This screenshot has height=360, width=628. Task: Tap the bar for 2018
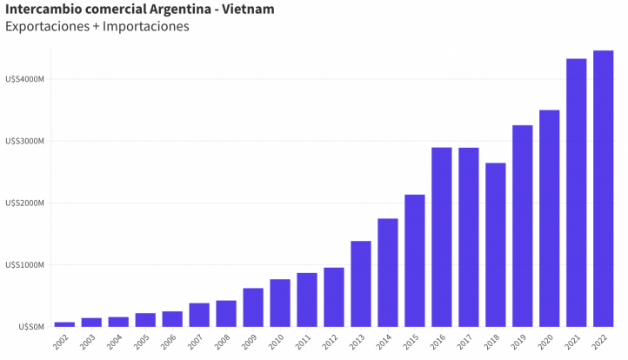496,244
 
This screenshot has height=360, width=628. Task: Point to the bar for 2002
64,323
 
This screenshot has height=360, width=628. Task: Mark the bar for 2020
549,218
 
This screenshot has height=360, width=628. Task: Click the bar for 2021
576,192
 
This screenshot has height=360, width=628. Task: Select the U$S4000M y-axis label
24,79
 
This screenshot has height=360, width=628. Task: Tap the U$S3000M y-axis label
24,141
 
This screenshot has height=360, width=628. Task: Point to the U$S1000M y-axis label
24,265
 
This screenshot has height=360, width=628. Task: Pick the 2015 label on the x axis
411,343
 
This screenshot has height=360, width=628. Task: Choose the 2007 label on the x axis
196,343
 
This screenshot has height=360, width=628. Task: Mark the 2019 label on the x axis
518,343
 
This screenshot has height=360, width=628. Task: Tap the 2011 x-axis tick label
304,343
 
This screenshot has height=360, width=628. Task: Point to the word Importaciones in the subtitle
145,27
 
